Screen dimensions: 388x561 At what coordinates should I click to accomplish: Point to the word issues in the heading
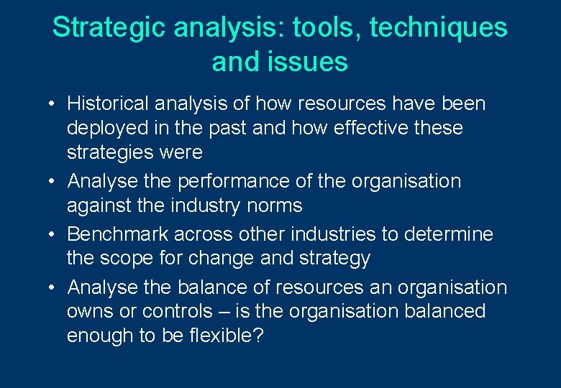(x=312, y=62)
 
